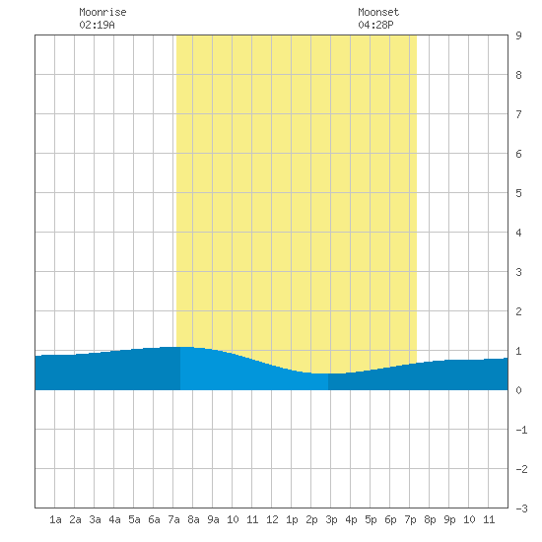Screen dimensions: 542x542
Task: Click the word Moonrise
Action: click(x=102, y=12)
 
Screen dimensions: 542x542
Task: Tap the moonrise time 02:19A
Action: click(x=97, y=25)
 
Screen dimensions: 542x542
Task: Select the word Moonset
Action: click(x=378, y=12)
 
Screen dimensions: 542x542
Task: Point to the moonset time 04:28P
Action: click(x=375, y=25)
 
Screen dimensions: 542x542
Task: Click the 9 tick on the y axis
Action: click(x=518, y=35)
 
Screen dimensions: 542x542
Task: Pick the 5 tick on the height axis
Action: click(x=518, y=193)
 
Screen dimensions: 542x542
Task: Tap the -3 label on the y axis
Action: click(x=521, y=508)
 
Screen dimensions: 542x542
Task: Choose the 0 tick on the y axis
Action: click(x=518, y=390)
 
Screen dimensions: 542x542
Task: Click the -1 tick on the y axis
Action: click(x=521, y=430)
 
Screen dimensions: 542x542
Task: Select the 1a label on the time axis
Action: click(x=55, y=519)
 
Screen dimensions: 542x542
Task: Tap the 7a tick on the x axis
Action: click(x=173, y=519)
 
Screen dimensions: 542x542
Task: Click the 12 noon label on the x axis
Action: click(x=272, y=519)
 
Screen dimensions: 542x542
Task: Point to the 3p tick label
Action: click(x=331, y=519)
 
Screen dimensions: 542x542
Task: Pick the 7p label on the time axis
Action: click(x=410, y=519)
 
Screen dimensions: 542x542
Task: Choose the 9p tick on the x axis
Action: click(x=449, y=519)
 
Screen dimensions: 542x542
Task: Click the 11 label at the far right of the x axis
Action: click(x=489, y=519)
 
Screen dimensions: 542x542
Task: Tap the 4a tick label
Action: click(x=114, y=519)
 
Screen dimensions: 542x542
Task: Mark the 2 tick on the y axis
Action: click(x=518, y=311)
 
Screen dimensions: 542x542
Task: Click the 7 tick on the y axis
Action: click(x=518, y=114)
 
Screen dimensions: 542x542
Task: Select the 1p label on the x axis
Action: click(x=292, y=519)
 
